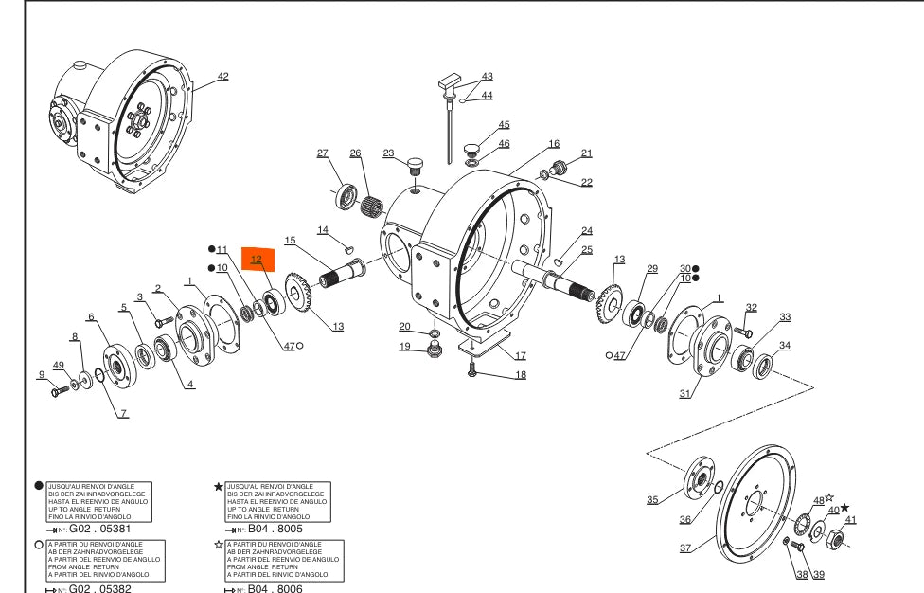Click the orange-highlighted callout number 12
[257, 259]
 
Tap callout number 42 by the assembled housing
[223, 76]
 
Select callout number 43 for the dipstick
[488, 77]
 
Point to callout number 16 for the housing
[554, 144]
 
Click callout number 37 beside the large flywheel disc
[685, 548]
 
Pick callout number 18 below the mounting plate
[521, 375]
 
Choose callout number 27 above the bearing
[322, 153]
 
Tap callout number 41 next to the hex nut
[850, 519]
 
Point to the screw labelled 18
[471, 374]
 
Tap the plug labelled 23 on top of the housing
[414, 168]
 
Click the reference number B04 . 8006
[276, 589]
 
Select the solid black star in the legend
[219, 487]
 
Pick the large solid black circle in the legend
[39, 485]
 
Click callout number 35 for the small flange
[652, 500]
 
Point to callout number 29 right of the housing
[651, 269]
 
